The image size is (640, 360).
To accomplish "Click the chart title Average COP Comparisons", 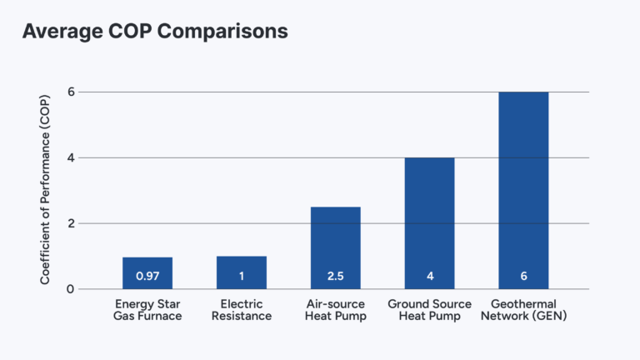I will [155, 32].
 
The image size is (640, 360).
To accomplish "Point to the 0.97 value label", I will [147, 276].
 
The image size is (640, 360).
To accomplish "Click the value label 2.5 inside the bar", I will [335, 276].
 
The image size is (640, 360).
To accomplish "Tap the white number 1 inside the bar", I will [241, 276].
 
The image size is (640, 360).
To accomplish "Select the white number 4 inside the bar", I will [429, 276].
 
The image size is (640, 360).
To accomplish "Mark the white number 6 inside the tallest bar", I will [523, 276].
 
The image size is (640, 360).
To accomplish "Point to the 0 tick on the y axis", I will [70, 289].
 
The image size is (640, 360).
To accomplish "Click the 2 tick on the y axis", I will [70, 223].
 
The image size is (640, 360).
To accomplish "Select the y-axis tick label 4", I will [70, 157].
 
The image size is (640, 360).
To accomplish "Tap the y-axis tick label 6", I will [70, 92].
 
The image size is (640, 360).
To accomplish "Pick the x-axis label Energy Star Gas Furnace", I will [147, 310].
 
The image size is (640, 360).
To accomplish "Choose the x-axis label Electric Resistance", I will [241, 310].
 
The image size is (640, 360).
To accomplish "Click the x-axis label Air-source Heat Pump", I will [335, 310].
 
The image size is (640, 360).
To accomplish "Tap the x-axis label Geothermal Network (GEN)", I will [523, 310].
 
